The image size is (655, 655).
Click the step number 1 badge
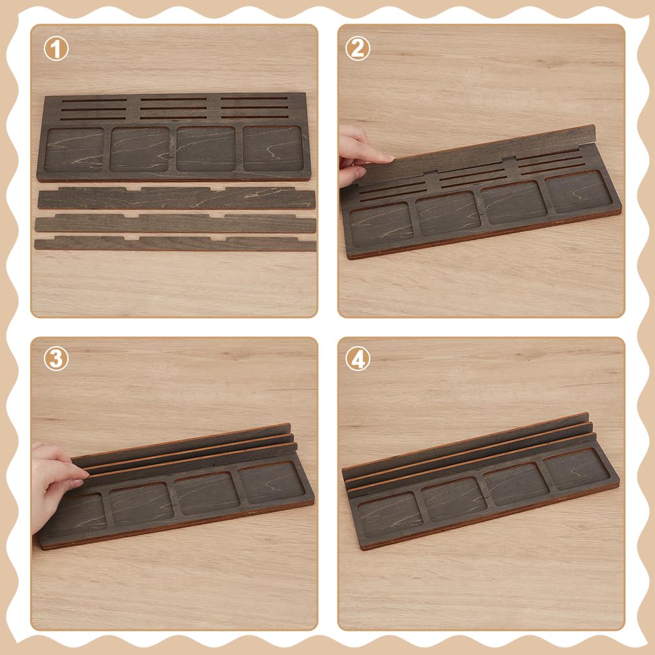(56, 48)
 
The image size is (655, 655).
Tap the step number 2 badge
(357, 48)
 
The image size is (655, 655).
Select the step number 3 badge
(56, 359)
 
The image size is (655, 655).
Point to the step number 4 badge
(357, 359)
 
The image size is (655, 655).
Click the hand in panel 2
(362, 155)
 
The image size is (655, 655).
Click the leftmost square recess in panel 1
(75, 150)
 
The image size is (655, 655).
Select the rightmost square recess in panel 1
(273, 149)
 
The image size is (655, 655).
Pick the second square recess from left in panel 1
(140, 149)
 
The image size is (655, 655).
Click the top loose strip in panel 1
(177, 198)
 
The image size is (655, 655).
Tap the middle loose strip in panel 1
(175, 223)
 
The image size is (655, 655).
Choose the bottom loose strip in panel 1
(175, 243)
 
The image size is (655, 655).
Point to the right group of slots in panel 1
(255, 108)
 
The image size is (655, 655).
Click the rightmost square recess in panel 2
(579, 191)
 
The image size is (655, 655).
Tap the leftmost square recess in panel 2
(381, 224)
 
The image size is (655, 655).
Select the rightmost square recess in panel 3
(272, 482)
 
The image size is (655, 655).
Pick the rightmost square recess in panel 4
(577, 469)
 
